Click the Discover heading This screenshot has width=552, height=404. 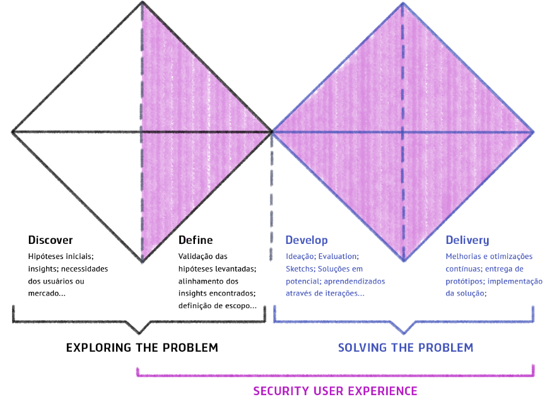[x=50, y=240]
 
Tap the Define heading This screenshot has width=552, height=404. [x=196, y=240]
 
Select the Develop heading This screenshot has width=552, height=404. [x=307, y=240]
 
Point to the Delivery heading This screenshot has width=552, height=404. [x=467, y=240]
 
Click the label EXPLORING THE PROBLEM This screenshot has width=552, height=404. [x=142, y=348]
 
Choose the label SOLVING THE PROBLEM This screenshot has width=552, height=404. [x=406, y=348]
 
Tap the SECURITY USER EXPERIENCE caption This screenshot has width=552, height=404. [x=335, y=391]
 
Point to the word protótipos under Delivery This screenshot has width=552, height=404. [x=465, y=281]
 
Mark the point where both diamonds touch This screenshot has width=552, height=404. [x=273, y=132]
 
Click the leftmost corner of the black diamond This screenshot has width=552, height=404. [x=12, y=132]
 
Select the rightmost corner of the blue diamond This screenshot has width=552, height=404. [x=534, y=132]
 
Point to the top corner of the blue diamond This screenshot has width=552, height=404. [x=402, y=3]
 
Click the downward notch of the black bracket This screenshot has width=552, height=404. [x=139, y=332]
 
